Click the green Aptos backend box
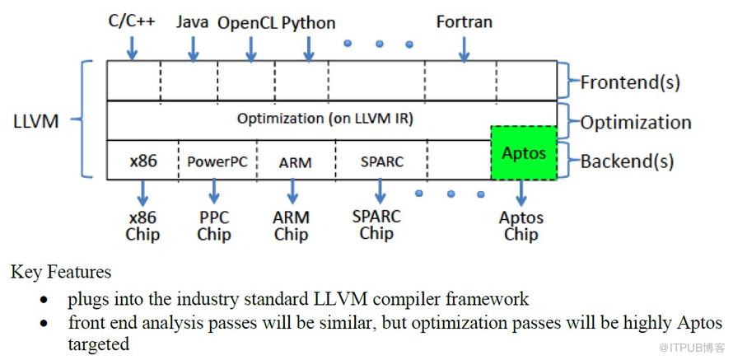[x=524, y=152]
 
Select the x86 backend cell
[x=143, y=161]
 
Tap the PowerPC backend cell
[x=217, y=161]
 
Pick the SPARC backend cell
[x=382, y=161]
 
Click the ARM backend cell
[x=295, y=162]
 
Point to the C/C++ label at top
[x=132, y=21]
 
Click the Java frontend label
[x=192, y=21]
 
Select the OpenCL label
[x=247, y=23]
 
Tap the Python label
[x=309, y=23]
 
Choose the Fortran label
[x=465, y=21]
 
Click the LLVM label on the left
[x=36, y=122]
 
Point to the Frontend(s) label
[x=630, y=82]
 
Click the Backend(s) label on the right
[x=628, y=161]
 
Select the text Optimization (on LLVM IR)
[x=324, y=119]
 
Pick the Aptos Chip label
[x=521, y=226]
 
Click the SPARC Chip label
[x=376, y=224]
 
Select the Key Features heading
[x=61, y=272]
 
